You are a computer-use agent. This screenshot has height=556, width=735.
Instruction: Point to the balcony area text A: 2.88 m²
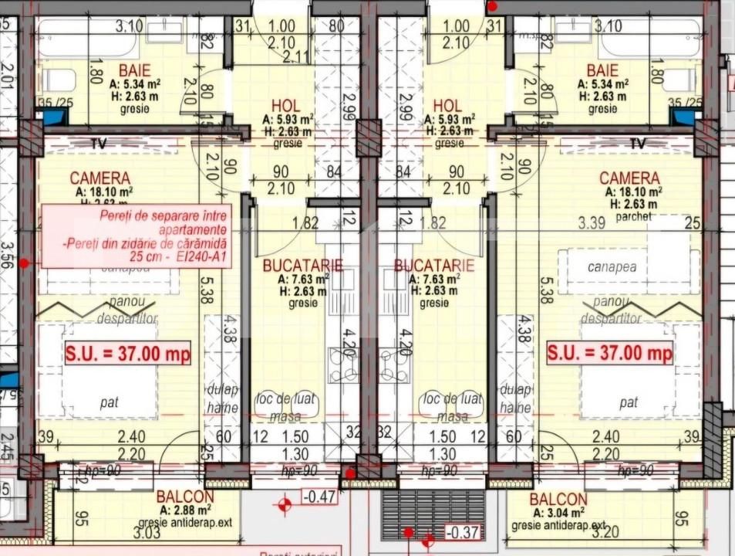tap(185, 510)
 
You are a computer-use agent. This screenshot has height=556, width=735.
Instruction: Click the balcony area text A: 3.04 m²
tap(556, 512)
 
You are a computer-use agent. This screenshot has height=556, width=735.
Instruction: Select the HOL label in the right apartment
tap(447, 105)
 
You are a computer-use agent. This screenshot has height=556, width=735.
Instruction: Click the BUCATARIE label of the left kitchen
tap(296, 265)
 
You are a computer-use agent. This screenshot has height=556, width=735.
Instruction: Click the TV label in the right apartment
tap(637, 144)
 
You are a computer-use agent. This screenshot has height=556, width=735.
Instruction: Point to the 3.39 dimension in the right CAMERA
tap(592, 223)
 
